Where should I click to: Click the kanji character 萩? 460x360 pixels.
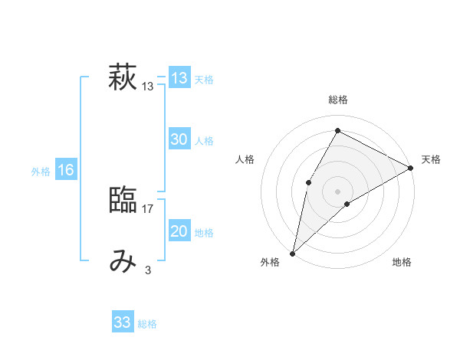click(123, 79)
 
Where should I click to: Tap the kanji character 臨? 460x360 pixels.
click(123, 201)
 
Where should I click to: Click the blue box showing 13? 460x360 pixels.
click(179, 78)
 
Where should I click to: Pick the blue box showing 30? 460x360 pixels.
click(179, 139)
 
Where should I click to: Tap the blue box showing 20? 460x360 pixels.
click(179, 231)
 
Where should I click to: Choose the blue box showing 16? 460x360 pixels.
click(66, 170)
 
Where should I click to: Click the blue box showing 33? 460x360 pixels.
click(123, 322)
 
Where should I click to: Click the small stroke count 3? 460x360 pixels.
click(148, 270)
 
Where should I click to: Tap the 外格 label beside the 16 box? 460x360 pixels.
click(41, 172)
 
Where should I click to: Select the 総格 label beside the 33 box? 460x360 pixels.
click(147, 324)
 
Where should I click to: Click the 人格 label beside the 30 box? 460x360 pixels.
click(204, 141)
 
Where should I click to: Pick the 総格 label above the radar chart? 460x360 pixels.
click(337, 100)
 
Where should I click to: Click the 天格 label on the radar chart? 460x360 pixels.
click(431, 159)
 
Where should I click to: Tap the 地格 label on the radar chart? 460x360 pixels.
click(402, 263)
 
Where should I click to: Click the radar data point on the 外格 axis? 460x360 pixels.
click(292, 253)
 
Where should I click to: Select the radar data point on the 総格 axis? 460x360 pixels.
click(337, 130)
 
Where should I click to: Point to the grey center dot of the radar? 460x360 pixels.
click(337, 191)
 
